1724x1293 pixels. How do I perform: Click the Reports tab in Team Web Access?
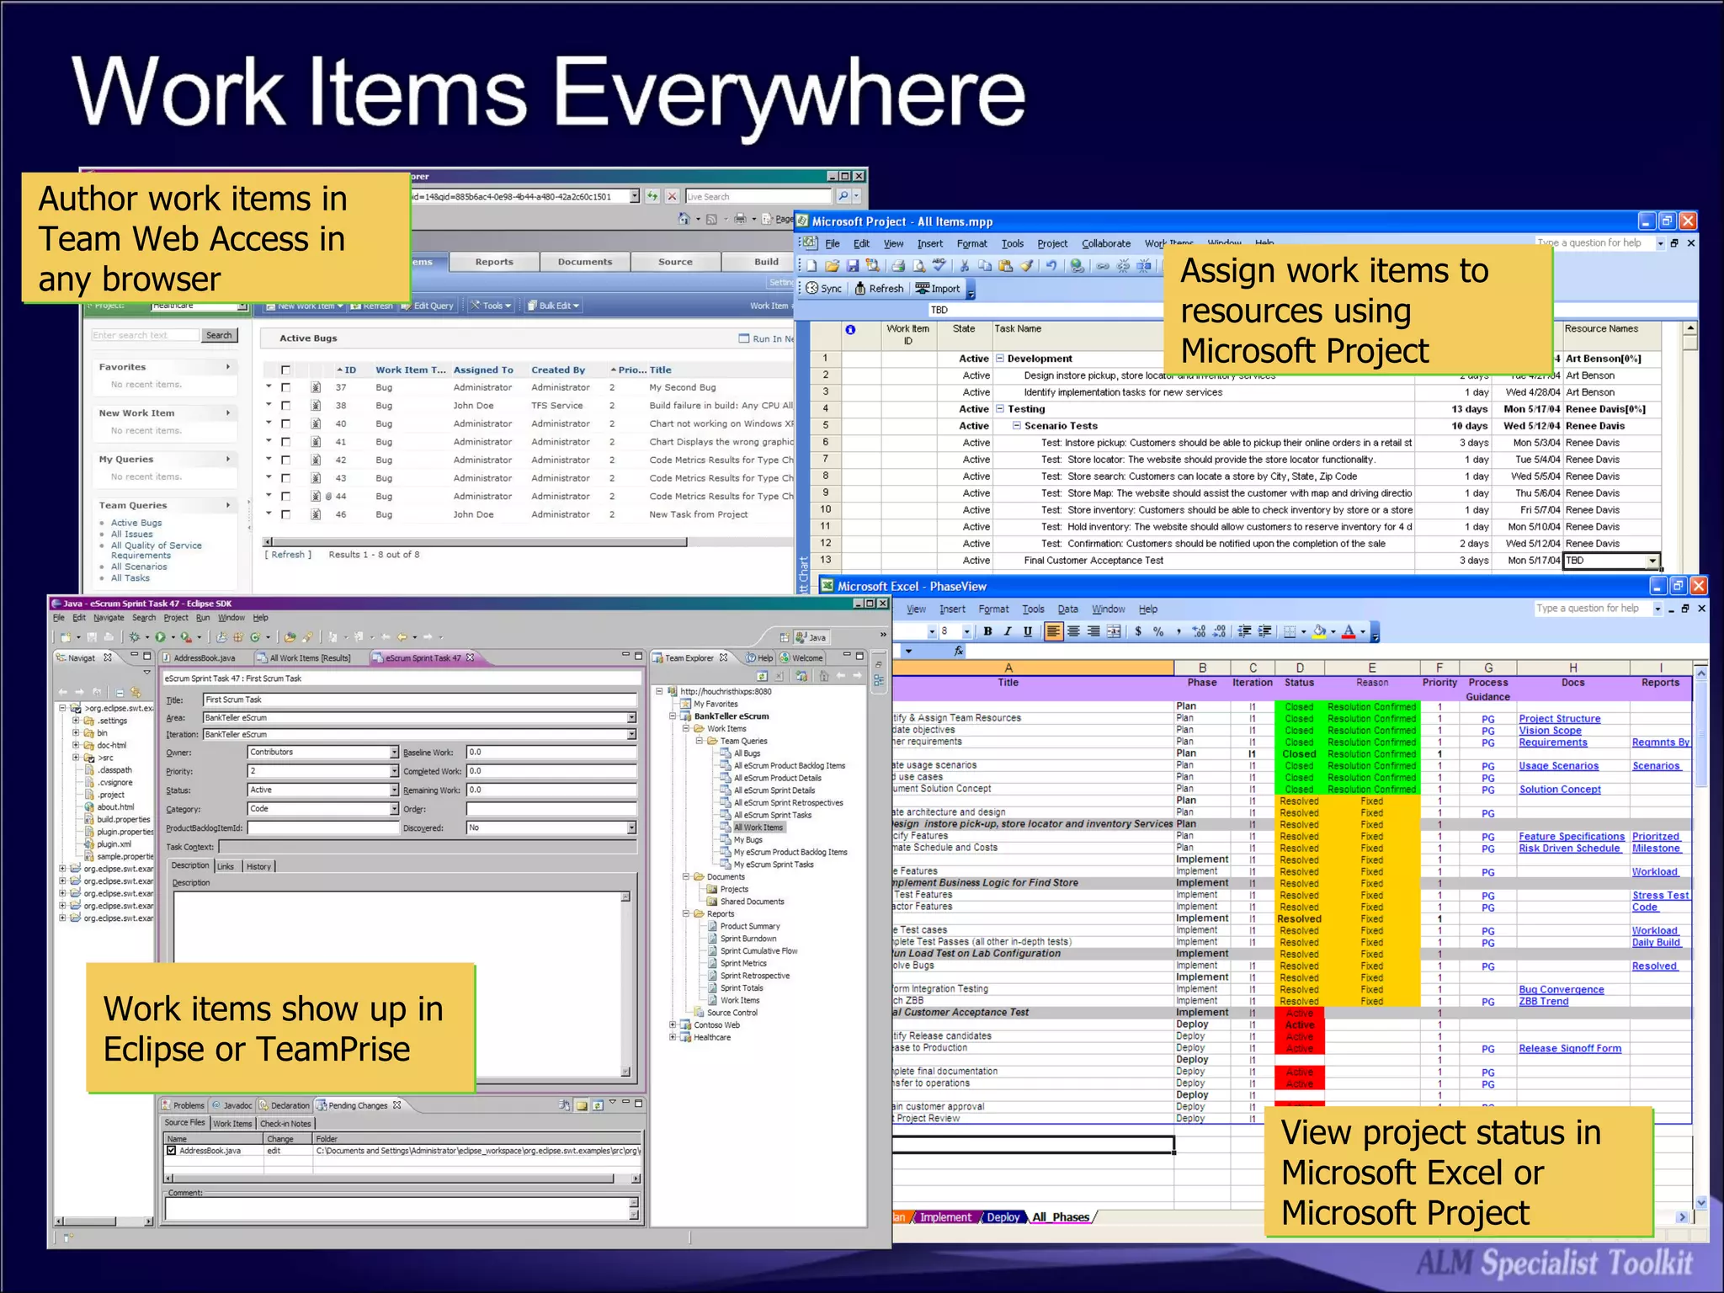pyautogui.click(x=494, y=262)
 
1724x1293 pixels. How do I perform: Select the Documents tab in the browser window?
pyautogui.click(x=585, y=262)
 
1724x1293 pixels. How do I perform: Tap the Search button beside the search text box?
pyautogui.click(x=219, y=335)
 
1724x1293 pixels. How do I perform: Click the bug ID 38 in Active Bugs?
pyautogui.click(x=341, y=406)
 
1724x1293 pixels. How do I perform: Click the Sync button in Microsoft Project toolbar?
pyautogui.click(x=824, y=289)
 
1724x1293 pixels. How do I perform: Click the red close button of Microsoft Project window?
pyautogui.click(x=1688, y=221)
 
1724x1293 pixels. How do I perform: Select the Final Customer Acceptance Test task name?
pyautogui.click(x=1093, y=561)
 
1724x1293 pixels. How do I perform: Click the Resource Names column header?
pyautogui.click(x=1601, y=329)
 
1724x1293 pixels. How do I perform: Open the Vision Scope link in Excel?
pyautogui.click(x=1550, y=731)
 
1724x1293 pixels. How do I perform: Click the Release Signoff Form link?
pyautogui.click(x=1570, y=1049)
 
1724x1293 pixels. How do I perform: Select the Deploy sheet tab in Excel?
pyautogui.click(x=1003, y=1217)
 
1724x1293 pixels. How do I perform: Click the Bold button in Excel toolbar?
pyautogui.click(x=987, y=631)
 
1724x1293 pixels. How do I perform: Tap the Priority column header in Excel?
pyautogui.click(x=1439, y=683)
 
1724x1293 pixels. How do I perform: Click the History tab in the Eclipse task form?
pyautogui.click(x=258, y=866)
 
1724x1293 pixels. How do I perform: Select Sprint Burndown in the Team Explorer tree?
pyautogui.click(x=748, y=939)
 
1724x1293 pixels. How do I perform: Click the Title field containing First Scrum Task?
pyautogui.click(x=419, y=700)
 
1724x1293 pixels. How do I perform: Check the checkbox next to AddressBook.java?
pyautogui.click(x=172, y=1151)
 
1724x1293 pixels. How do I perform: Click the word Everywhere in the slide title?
pyautogui.click(x=790, y=94)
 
